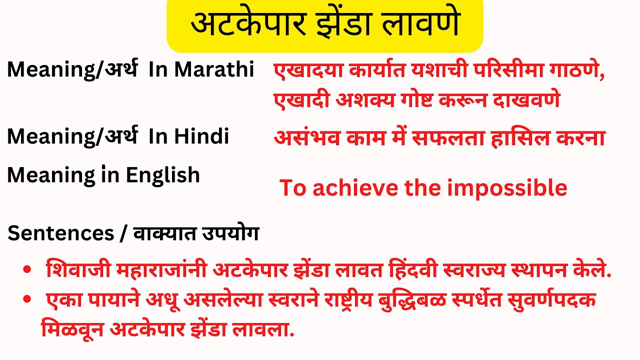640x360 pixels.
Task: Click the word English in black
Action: point(162,175)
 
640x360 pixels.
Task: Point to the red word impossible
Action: point(507,188)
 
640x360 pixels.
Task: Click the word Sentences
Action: point(61,233)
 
